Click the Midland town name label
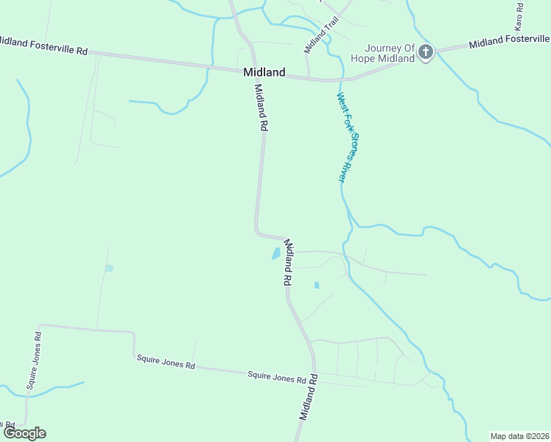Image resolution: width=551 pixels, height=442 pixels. tap(264, 72)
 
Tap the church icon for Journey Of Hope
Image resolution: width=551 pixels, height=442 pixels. tap(427, 52)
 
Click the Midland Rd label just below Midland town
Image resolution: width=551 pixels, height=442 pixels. tap(259, 107)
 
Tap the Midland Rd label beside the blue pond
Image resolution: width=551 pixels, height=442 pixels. tap(288, 263)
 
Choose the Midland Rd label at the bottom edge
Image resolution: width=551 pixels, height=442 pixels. tap(308, 398)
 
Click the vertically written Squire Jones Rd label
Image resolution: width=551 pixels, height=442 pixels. tap(33, 360)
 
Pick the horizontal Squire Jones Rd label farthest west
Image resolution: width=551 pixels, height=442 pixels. tap(166, 362)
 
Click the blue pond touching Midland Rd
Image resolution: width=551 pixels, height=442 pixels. tap(276, 253)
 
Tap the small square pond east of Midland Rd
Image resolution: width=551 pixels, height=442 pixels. tap(317, 285)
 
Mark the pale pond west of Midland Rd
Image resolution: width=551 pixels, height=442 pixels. tap(109, 268)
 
